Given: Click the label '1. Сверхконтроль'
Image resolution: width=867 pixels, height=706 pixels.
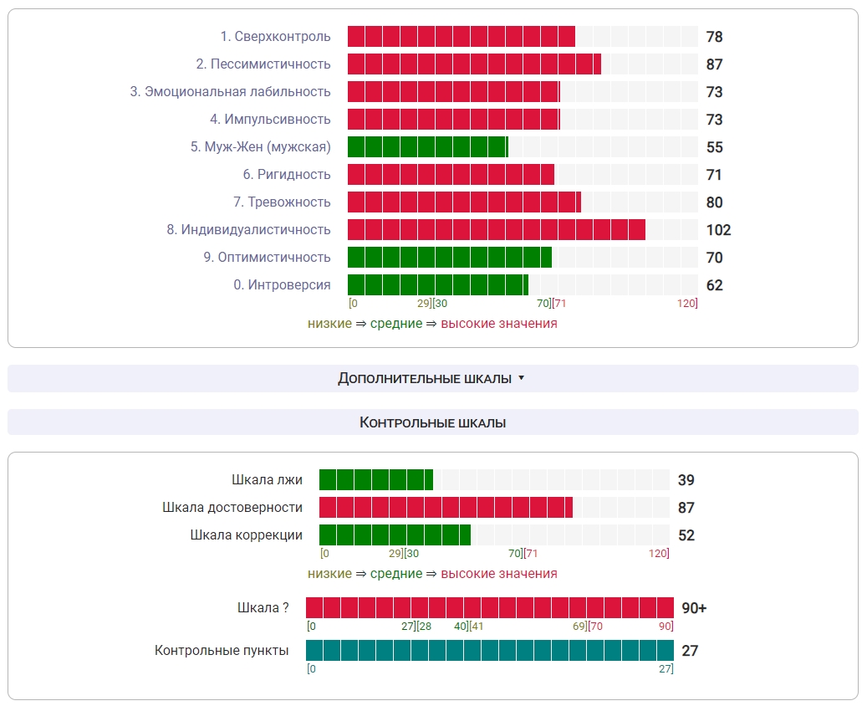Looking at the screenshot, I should point(275,37).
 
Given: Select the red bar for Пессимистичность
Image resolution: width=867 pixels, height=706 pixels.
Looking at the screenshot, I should point(474,64).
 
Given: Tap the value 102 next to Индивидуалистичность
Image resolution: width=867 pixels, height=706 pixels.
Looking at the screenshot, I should point(718,230).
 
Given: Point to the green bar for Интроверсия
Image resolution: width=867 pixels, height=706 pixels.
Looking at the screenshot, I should point(437,285).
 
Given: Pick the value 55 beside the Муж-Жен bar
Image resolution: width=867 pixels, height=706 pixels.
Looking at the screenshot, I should point(714,147).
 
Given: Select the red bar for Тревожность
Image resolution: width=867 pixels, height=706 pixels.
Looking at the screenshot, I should point(464,202).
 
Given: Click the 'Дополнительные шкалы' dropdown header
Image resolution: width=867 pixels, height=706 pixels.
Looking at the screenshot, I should point(432,379).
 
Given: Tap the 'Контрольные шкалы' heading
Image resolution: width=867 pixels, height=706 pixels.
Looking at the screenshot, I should point(432,422).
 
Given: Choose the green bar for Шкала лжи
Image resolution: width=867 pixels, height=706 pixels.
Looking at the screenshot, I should point(375,480).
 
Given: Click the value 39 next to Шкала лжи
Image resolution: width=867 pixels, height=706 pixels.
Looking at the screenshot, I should point(686,480).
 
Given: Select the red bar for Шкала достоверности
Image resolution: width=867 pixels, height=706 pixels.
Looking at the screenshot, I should point(446,508).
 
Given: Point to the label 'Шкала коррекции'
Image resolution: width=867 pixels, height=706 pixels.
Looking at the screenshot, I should point(246,535).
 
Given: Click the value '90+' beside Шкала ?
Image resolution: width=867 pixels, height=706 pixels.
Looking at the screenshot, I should point(694,608).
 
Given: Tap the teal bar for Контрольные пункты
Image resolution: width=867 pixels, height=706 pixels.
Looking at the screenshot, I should point(489,651).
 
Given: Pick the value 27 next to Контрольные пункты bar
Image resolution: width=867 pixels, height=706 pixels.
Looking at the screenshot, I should point(690,651).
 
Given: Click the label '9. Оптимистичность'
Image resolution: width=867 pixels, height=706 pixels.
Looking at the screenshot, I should point(267,258).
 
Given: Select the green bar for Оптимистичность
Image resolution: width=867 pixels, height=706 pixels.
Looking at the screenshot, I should point(449,258).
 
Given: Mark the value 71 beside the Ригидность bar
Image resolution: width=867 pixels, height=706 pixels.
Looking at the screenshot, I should point(714,175).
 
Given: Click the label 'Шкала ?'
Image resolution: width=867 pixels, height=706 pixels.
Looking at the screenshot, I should point(263,608).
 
